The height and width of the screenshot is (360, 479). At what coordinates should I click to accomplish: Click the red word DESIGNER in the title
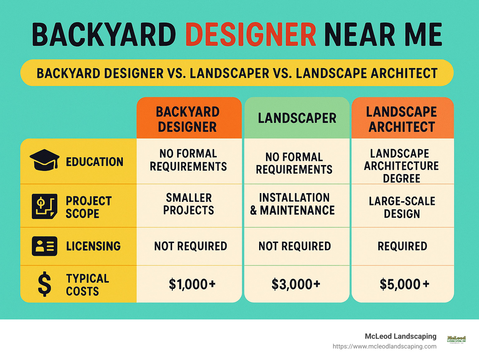251,35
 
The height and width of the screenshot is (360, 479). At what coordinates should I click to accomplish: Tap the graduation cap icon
44,160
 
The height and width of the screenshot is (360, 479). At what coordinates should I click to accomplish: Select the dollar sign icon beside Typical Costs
44,284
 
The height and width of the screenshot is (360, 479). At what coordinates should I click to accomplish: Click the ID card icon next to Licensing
45,246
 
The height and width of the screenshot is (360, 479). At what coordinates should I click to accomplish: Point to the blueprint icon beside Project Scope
45,206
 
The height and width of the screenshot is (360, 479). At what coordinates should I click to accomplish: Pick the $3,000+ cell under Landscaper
296,284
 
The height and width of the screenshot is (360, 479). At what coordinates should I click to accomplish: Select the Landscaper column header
297,118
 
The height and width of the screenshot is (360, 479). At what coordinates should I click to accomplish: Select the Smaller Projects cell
189,204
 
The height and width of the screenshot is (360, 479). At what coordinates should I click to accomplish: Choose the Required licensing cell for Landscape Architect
402,246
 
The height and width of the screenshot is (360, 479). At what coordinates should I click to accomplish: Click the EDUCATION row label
94,162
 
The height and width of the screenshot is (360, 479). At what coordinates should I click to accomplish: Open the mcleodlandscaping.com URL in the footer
384,346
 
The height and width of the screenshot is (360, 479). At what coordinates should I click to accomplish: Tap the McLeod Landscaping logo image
456,339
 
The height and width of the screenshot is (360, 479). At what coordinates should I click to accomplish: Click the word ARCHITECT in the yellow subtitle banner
404,73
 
